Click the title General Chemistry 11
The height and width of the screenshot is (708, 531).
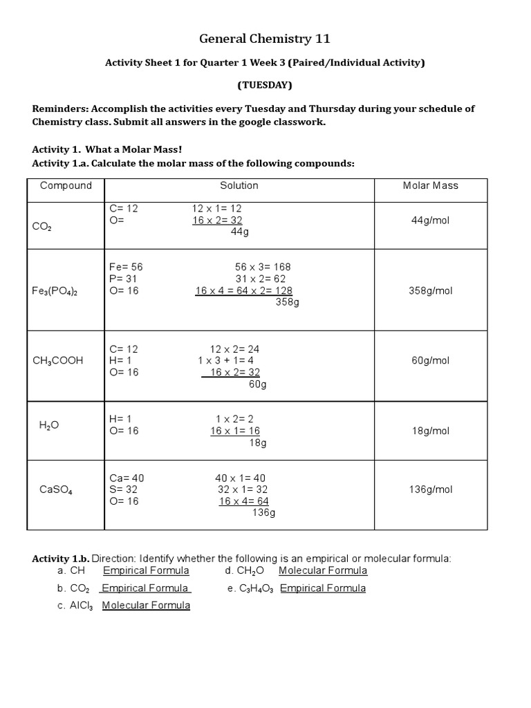[265, 39]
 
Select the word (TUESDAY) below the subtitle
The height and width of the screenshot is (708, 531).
[265, 86]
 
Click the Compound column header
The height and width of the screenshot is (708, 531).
[66, 185]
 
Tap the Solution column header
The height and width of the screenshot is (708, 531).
[239, 185]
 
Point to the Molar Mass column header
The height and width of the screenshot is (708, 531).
[430, 185]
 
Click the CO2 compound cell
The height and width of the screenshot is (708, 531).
[41, 226]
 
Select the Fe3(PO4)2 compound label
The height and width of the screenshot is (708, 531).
[55, 291]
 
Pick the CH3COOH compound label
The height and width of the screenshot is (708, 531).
[58, 360]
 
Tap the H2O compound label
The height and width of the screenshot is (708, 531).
[49, 425]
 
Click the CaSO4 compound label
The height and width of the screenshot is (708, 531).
[56, 490]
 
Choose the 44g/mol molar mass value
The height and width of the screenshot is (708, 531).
[430, 221]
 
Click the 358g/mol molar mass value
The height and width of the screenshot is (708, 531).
[430, 290]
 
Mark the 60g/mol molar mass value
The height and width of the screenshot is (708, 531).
[430, 360]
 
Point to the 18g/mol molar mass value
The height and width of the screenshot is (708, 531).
[430, 431]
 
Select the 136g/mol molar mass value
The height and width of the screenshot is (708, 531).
[430, 490]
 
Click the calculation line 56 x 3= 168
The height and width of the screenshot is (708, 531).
[263, 267]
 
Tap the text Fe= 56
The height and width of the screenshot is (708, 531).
[126, 267]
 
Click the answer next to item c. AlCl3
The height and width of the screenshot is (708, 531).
[146, 606]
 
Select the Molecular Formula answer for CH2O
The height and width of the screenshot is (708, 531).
[323, 570]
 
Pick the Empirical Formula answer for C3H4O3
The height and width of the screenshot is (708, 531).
[323, 588]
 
